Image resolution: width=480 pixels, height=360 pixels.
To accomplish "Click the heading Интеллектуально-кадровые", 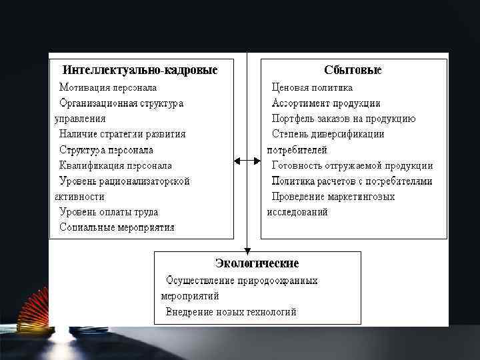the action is [x=140, y=70].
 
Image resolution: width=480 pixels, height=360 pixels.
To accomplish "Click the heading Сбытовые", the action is [x=353, y=70].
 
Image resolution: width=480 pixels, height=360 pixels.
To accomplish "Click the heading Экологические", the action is [x=257, y=263].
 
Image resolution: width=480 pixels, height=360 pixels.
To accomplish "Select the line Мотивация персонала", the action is [x=108, y=87].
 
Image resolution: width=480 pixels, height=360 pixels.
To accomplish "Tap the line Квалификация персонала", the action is [x=115, y=165].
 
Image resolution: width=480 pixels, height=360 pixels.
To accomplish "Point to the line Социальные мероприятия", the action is [x=117, y=227].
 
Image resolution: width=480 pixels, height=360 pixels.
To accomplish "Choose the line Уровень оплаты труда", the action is [x=109, y=212].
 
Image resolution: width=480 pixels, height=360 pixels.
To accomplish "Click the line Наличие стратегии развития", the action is [x=122, y=134].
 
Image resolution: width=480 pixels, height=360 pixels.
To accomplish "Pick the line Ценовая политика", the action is [x=312, y=87].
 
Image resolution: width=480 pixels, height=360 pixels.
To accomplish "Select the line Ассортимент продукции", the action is [x=326, y=103].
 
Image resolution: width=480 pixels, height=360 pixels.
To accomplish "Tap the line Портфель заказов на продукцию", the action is [x=343, y=119].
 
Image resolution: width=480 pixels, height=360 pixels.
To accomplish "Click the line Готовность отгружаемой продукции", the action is [x=352, y=165].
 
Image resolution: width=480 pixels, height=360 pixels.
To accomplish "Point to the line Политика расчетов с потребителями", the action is [x=352, y=181].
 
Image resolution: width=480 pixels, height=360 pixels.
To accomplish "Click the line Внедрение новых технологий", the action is [x=231, y=312].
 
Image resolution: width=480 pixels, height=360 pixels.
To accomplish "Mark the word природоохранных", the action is [x=279, y=281].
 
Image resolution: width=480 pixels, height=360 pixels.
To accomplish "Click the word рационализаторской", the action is [x=147, y=181].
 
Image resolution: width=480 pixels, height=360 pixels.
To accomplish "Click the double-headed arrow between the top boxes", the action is [x=247, y=161].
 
